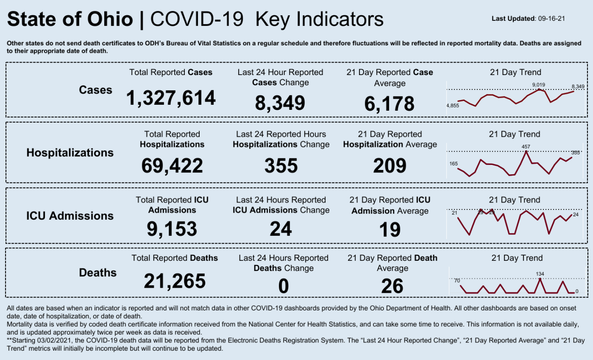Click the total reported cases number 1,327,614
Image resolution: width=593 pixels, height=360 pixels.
(x=171, y=98)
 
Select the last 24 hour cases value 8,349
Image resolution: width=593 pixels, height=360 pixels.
(x=280, y=103)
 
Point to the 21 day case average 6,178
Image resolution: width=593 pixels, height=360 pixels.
(x=389, y=104)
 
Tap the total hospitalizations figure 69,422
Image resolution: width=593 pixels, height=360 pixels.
(x=172, y=165)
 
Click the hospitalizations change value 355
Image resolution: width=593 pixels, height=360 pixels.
(x=281, y=165)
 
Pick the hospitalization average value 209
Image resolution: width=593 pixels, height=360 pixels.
(x=390, y=165)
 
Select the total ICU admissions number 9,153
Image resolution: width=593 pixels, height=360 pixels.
(x=172, y=229)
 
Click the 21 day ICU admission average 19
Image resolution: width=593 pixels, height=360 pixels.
(x=390, y=229)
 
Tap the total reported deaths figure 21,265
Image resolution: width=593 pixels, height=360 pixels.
(x=174, y=281)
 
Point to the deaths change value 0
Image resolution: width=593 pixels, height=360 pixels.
(x=283, y=286)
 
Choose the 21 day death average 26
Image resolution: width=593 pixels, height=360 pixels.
(x=392, y=286)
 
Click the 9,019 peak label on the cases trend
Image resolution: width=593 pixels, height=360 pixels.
(x=539, y=85)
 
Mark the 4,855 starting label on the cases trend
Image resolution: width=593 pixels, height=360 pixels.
(x=453, y=106)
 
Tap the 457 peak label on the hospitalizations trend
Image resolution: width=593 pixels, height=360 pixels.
(x=526, y=147)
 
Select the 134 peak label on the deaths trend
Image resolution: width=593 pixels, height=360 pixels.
(x=540, y=274)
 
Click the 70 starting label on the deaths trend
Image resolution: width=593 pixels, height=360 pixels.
(x=457, y=280)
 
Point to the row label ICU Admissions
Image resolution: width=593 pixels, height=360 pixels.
(x=70, y=216)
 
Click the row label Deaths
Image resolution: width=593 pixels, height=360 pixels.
(x=98, y=272)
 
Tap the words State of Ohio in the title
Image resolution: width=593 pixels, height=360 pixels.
(x=70, y=19)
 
